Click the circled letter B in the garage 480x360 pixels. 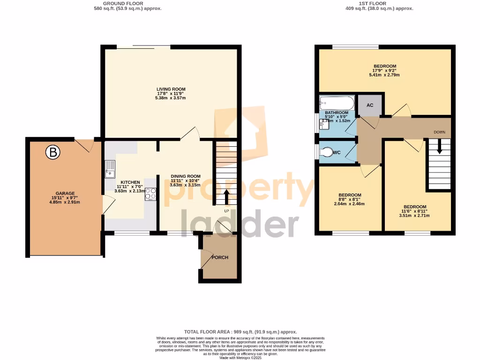pos(53,152)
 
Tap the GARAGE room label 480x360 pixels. pos(65,193)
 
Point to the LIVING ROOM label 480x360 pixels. pos(171,89)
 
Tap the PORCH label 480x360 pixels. pos(220,257)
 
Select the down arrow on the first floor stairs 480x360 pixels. pos(439,147)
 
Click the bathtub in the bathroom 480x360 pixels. pos(336,103)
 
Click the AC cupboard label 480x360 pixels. pos(370,105)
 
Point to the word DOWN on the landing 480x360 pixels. pos(439,132)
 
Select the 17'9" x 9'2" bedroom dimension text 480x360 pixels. pos(385,71)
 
